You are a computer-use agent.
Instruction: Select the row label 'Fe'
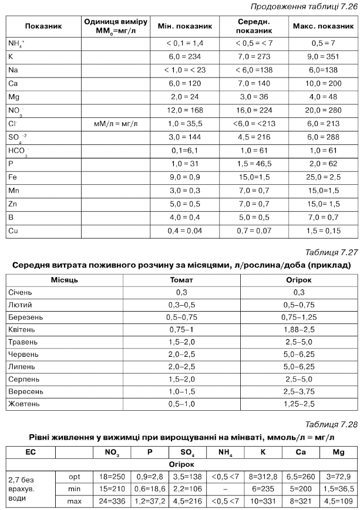pyautogui.click(x=13, y=177)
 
